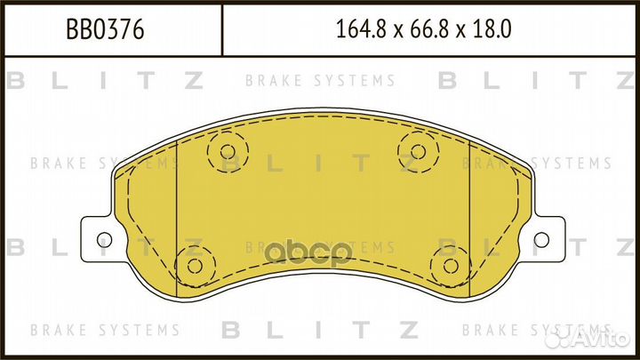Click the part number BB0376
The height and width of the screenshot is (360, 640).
106,30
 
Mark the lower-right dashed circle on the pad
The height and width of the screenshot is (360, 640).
448,264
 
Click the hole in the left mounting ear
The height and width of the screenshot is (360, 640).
102,238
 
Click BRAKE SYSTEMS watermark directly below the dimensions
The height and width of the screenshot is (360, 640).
320,81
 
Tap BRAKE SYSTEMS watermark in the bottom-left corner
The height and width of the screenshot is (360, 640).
105,330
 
